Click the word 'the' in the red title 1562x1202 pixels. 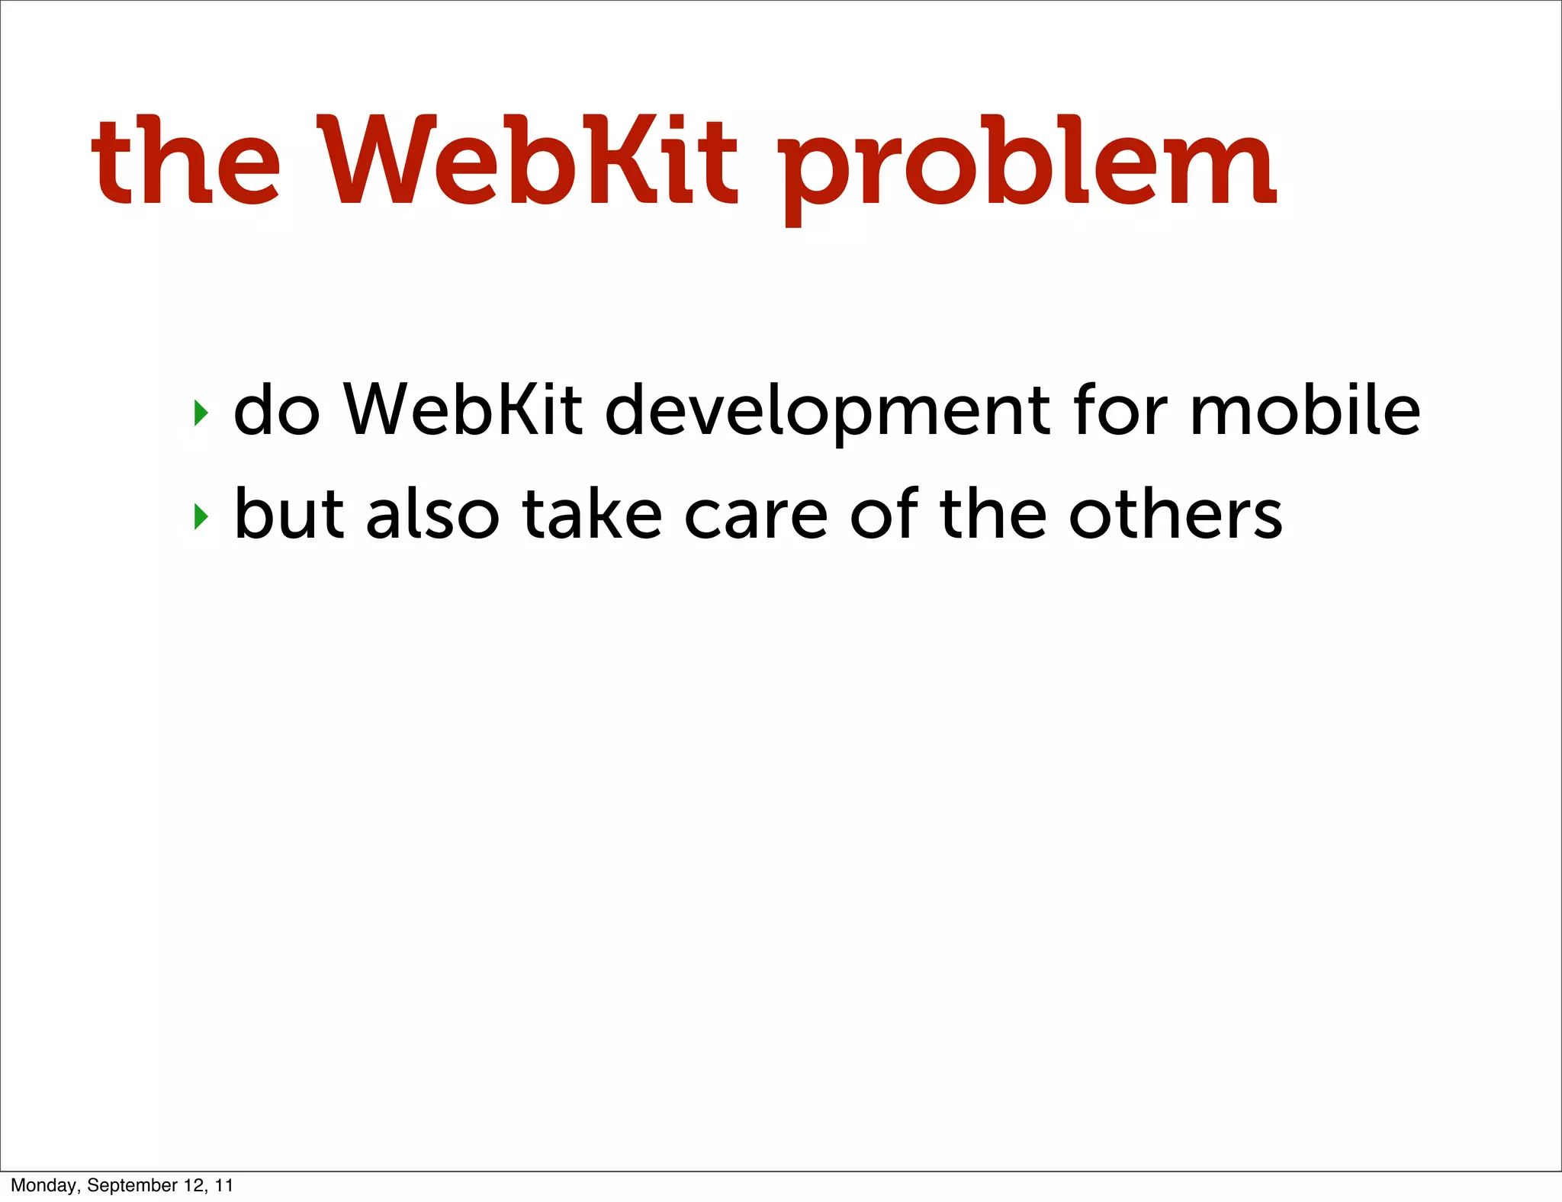(186, 162)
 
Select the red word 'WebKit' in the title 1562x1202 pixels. (531, 162)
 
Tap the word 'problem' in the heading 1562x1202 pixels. (1026, 169)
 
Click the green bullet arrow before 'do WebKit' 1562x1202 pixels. (201, 413)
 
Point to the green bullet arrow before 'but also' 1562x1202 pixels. (201, 516)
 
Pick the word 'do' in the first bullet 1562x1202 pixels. (276, 410)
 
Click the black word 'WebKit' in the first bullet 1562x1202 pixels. (463, 410)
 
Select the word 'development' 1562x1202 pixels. (827, 412)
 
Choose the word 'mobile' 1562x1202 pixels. (1305, 410)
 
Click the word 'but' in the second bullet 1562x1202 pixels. (289, 513)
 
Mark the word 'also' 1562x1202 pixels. (432, 513)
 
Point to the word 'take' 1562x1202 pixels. (592, 513)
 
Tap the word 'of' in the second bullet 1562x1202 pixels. (884, 513)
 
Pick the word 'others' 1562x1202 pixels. (1175, 513)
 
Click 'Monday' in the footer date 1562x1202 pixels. (43, 1185)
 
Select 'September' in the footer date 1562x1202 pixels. (132, 1185)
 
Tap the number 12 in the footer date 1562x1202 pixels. (194, 1185)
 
